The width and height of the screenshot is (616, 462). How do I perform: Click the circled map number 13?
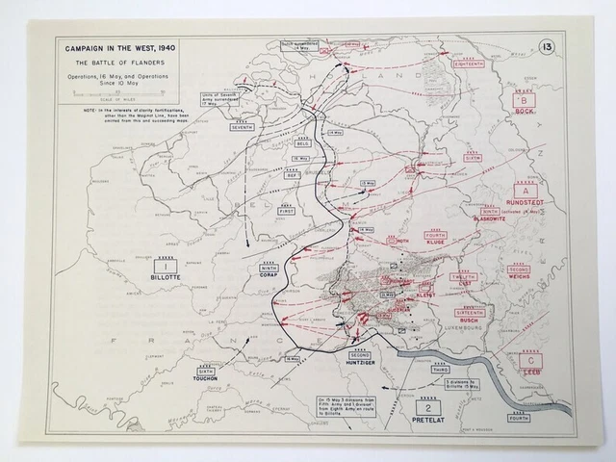(x=546, y=47)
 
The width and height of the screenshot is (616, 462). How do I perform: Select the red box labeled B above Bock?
(x=524, y=101)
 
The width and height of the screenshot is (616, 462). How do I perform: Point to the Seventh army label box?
(x=242, y=127)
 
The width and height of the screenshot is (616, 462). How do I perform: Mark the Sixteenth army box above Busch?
(x=469, y=314)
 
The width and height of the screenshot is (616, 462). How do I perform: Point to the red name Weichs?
(x=519, y=280)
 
